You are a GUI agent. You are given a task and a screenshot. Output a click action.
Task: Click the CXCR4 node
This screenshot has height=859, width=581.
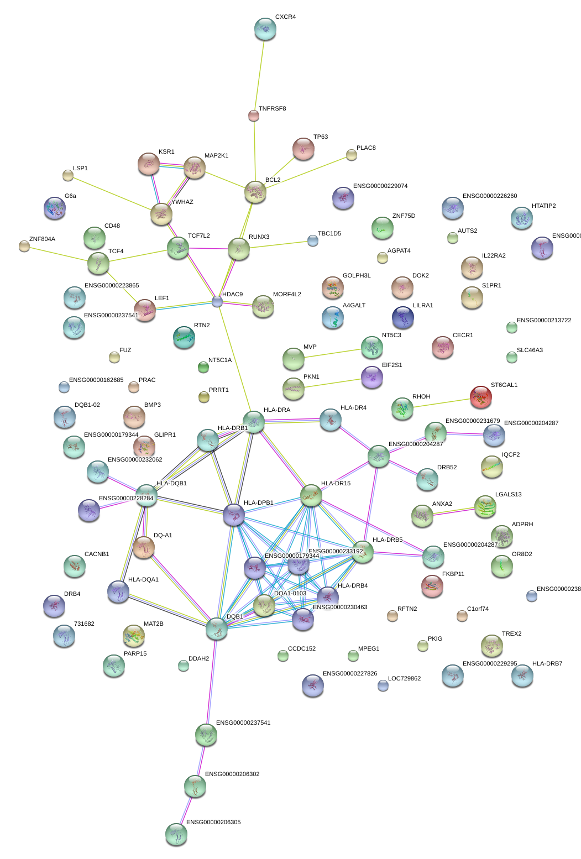pos(265,29)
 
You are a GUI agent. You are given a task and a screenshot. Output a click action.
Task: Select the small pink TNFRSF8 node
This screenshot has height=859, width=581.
pos(254,116)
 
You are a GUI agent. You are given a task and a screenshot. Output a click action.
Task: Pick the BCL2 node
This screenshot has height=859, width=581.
pos(255,192)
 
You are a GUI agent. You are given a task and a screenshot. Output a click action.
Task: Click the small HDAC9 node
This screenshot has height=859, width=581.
pos(217,301)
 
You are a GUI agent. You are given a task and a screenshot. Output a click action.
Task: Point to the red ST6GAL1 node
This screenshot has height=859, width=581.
pos(480,396)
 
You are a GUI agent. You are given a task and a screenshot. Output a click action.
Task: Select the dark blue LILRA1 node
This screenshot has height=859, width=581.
pos(402,317)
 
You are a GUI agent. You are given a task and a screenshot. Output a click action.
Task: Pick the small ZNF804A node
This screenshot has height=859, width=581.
pos(24,246)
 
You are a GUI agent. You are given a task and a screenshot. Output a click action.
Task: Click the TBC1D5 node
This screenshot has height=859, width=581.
pos(313,240)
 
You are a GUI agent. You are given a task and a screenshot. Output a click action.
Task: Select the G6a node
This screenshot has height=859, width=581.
pos(54,208)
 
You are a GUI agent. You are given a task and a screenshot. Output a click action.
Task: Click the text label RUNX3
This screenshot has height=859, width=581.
pos(259,237)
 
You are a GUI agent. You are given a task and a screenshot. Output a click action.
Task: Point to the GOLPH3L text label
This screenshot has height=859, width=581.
pos(357,276)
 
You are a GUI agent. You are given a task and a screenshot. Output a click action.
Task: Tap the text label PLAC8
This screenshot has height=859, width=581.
pos(366,148)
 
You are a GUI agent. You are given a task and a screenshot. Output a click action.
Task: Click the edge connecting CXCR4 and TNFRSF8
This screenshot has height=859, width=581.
pos(259,72)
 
